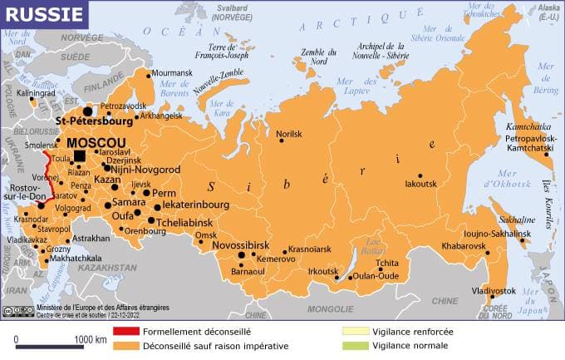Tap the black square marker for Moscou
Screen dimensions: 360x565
click(x=80, y=155)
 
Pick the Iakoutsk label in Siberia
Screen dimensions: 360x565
click(x=420, y=185)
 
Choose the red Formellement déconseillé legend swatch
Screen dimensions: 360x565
click(x=125, y=331)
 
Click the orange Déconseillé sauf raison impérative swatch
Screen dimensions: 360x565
click(x=125, y=345)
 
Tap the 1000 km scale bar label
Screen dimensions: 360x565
click(x=90, y=340)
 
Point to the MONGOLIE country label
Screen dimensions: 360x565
click(x=332, y=308)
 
